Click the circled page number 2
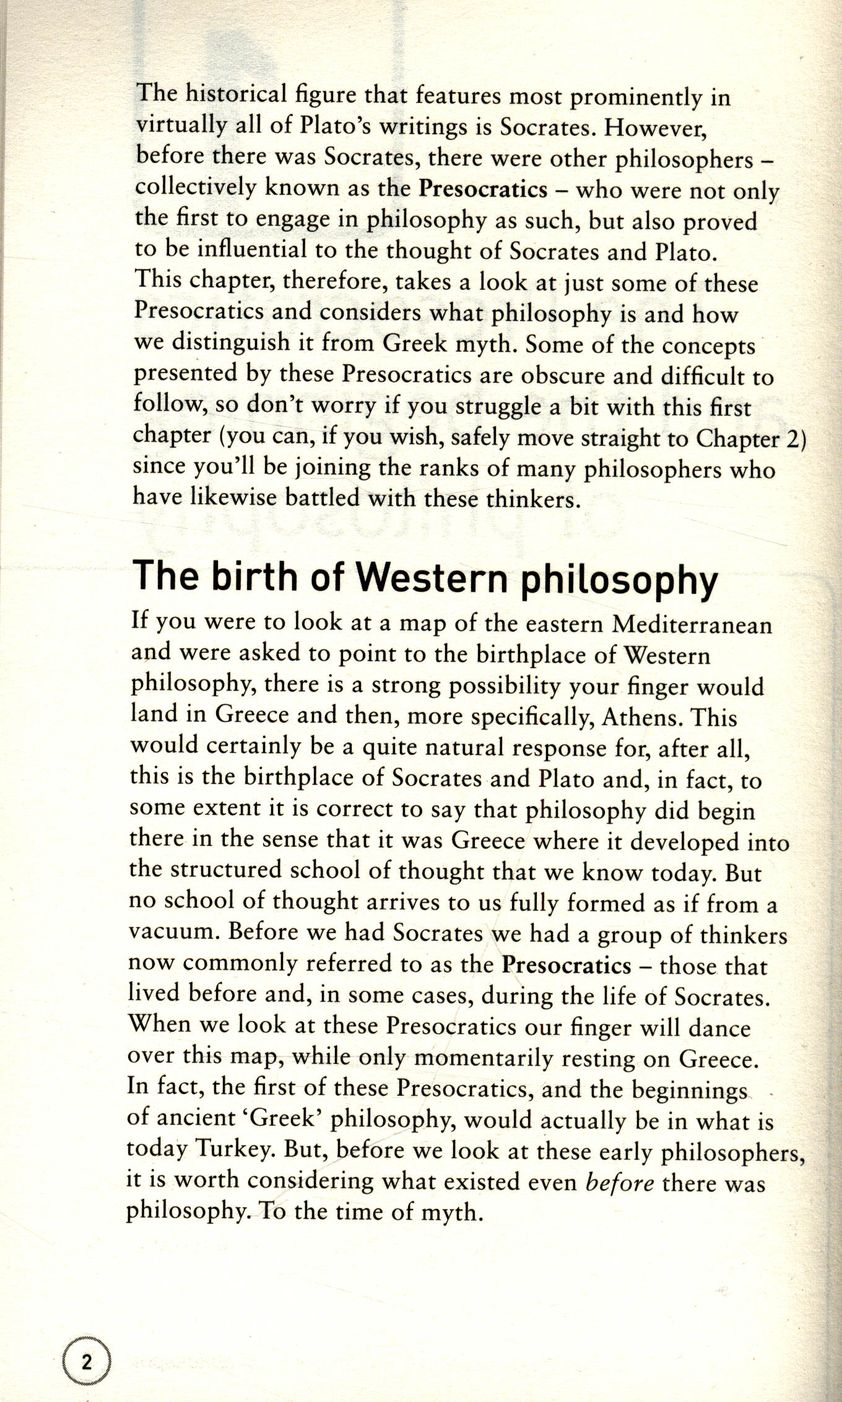tap(87, 1363)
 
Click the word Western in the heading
tap(433, 577)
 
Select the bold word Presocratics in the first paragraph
tap(483, 188)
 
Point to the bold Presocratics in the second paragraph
tap(566, 965)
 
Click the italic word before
tap(620, 1183)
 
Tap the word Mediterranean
tap(692, 625)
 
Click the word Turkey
tap(235, 1151)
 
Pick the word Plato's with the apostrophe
tap(336, 126)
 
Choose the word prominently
tap(635, 97)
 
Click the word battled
tap(322, 498)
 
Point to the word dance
tap(719, 1028)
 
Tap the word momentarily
tap(483, 1059)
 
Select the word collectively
tap(195, 187)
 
